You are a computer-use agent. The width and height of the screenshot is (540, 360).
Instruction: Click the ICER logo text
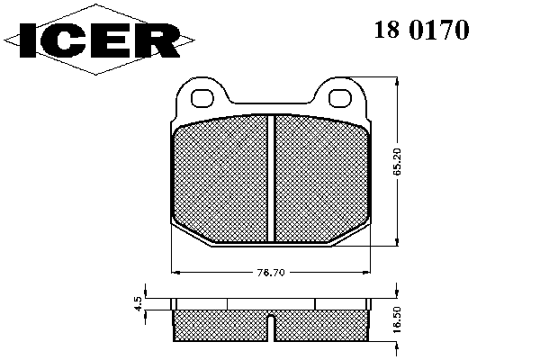click(x=100, y=40)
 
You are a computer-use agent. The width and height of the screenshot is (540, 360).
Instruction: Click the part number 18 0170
click(x=421, y=30)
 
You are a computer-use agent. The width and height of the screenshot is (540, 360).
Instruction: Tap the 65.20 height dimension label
click(x=398, y=162)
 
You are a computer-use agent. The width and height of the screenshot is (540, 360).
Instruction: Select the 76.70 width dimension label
click(x=271, y=273)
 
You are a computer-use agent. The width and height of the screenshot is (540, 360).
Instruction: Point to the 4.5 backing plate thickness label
click(x=139, y=304)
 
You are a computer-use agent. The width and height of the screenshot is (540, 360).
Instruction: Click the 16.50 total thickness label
click(x=398, y=319)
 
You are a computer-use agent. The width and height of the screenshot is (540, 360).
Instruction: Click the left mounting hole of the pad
click(x=202, y=98)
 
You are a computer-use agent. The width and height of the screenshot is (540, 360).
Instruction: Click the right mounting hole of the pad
click(x=340, y=98)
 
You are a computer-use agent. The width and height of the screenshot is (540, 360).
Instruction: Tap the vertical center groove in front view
click(x=271, y=178)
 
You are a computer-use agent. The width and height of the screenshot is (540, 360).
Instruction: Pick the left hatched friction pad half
click(x=220, y=179)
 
